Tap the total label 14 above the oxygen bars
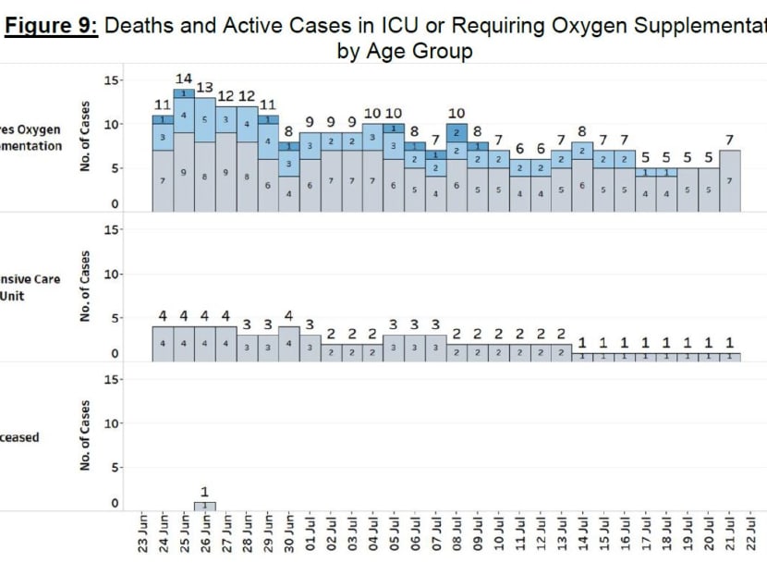tap(184, 80)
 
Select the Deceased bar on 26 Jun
tap(205, 506)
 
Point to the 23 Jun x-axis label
tap(142, 534)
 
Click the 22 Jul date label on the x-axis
tap(751, 534)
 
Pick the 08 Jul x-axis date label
tap(457, 534)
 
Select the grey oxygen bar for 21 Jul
tap(730, 181)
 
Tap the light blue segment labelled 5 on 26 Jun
tap(205, 119)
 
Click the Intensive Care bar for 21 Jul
tap(730, 356)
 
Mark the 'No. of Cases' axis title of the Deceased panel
tap(84, 436)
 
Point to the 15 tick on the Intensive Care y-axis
tap(114, 230)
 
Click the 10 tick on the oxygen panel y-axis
tap(114, 124)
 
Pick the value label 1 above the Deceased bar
tap(205, 492)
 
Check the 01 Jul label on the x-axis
tap(310, 534)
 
